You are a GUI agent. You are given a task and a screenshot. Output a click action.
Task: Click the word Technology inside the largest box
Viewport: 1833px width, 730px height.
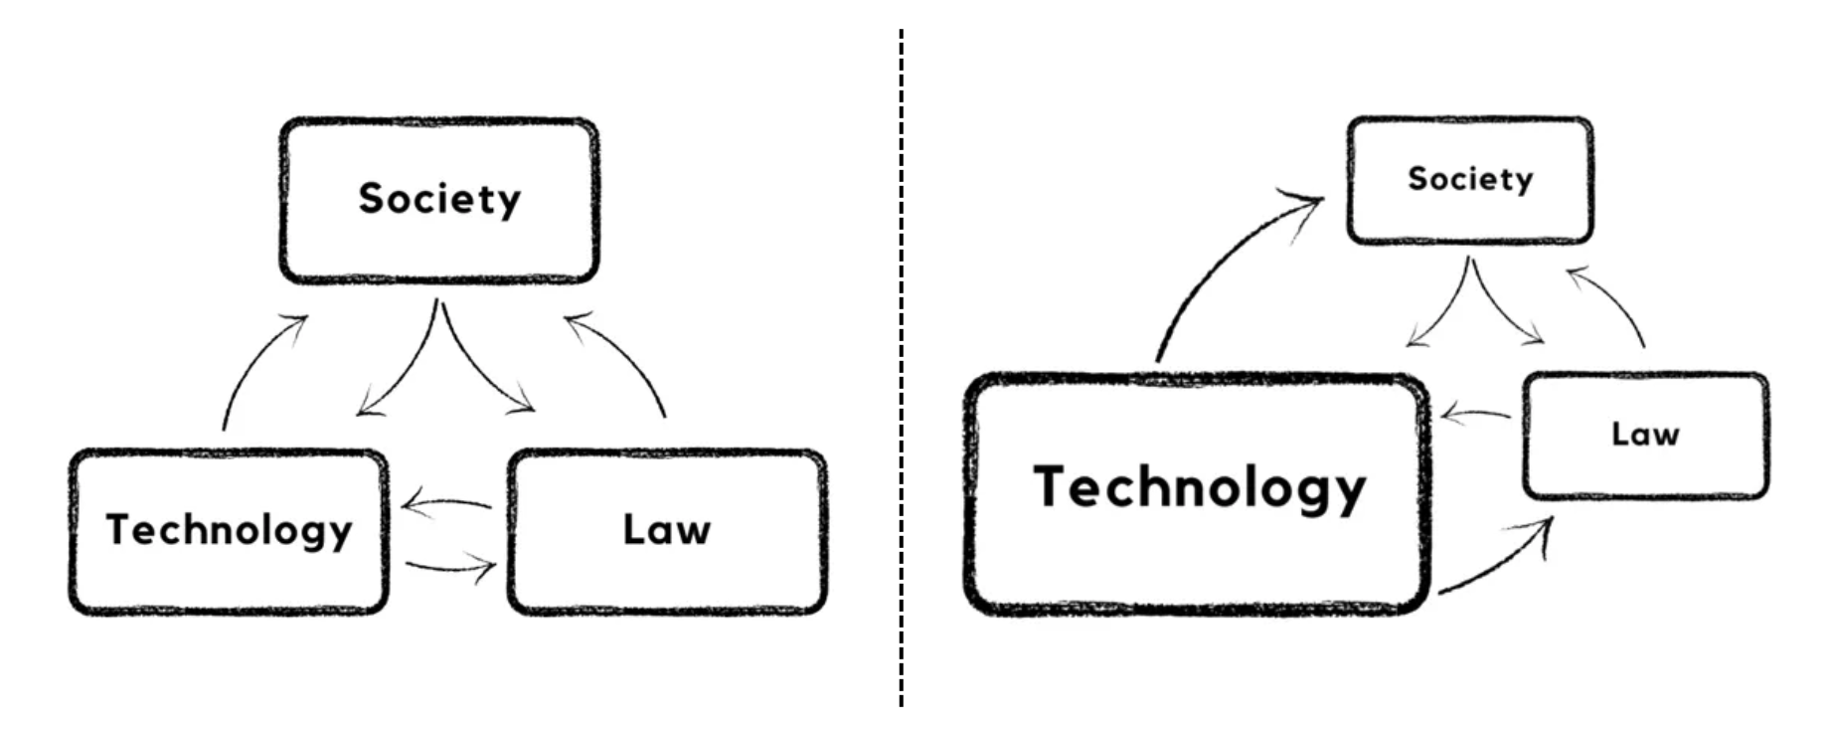pyautogui.click(x=1200, y=488)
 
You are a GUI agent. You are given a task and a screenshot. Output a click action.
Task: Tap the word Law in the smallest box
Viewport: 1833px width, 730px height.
pyautogui.click(x=1645, y=435)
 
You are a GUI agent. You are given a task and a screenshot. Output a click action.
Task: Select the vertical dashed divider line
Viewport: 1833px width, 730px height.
pyautogui.click(x=902, y=368)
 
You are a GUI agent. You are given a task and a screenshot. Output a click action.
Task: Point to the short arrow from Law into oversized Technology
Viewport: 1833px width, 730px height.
pyautogui.click(x=1475, y=413)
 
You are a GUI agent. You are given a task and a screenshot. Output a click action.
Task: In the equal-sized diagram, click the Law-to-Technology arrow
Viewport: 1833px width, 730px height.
pyautogui.click(x=447, y=502)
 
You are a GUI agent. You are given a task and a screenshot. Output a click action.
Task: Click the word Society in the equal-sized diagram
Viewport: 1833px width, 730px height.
pyautogui.click(x=439, y=199)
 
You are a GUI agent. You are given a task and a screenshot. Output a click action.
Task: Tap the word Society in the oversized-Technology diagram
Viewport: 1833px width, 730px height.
pyautogui.click(x=1470, y=179)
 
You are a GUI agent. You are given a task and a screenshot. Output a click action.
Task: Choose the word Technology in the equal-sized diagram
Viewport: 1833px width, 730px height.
pyautogui.click(x=230, y=530)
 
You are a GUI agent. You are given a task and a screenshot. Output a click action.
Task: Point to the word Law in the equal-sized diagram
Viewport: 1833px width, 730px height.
pyautogui.click(x=666, y=530)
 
